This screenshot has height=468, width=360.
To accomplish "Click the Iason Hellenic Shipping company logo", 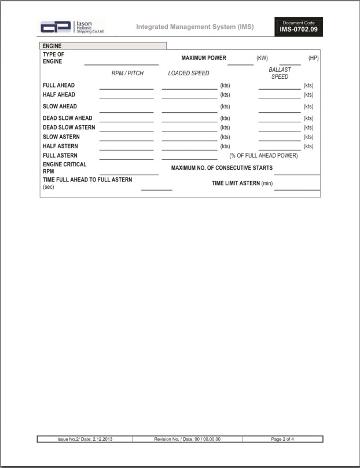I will [x=72, y=27].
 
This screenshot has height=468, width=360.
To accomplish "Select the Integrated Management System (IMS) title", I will [x=194, y=27].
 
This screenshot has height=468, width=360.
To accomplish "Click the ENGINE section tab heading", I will [x=52, y=46].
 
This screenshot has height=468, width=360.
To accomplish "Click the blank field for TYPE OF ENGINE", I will [x=121, y=61].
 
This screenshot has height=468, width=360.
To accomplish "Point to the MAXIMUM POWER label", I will [x=204, y=58].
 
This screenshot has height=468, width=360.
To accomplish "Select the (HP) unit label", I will [x=313, y=58].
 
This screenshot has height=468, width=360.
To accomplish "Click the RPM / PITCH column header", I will [x=127, y=74].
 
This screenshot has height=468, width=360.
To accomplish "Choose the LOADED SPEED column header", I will [x=189, y=74].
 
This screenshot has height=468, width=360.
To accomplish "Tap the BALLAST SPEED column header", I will [x=280, y=73].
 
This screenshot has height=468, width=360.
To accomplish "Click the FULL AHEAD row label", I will [x=58, y=86].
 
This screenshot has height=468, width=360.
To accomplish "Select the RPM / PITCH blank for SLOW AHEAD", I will [x=126, y=109].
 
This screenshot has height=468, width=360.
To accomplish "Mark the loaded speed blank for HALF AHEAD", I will [x=189, y=96].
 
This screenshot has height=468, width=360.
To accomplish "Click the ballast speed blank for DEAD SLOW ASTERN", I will [x=280, y=129].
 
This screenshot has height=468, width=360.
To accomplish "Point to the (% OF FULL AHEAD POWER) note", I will [x=263, y=156].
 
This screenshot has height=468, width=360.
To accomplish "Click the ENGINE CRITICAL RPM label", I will [x=64, y=168].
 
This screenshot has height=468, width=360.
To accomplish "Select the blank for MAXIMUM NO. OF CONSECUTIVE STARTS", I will [x=296, y=171].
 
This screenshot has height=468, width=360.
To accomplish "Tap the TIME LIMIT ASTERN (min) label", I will [x=242, y=184].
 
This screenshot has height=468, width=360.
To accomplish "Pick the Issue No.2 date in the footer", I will [x=85, y=439].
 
